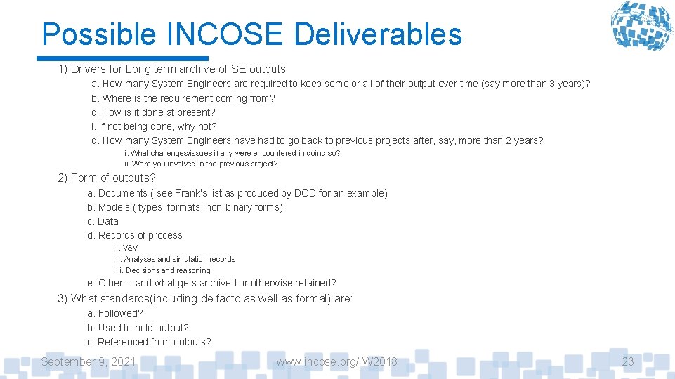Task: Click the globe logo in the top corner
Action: coord(640,26)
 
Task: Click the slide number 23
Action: coord(627,361)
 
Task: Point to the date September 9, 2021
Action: coord(89,361)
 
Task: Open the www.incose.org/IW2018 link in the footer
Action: coord(336,361)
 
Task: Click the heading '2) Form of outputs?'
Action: coord(107,178)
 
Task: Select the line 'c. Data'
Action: coord(103,221)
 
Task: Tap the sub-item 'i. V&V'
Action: coord(126,248)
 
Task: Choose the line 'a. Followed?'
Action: coord(114,313)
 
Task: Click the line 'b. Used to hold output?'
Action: coord(138,328)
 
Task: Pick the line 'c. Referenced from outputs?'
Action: coord(149,342)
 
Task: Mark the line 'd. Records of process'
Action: coord(135,235)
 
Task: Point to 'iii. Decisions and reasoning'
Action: coord(163,270)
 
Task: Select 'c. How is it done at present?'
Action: coord(153,112)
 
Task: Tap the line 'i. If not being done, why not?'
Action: coord(154,126)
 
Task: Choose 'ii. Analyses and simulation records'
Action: coord(176,259)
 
